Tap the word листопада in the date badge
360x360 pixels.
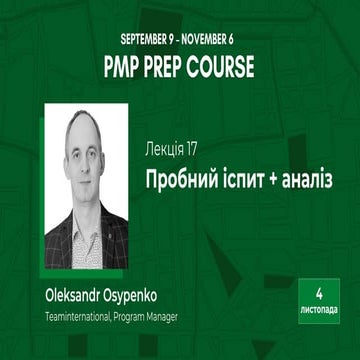(317, 311)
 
